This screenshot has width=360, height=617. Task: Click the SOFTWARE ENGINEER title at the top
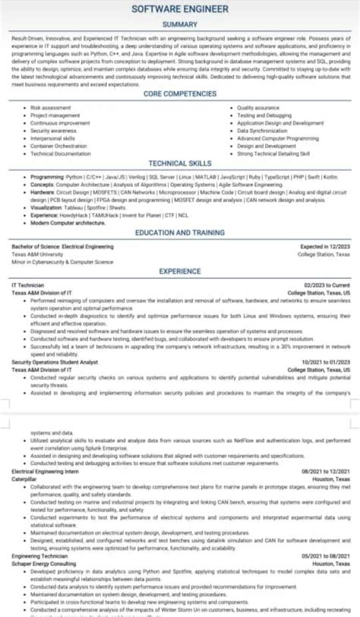tap(180, 8)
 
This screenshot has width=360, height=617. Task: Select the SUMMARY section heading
tap(180, 25)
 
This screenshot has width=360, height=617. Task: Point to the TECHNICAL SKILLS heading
tap(180, 163)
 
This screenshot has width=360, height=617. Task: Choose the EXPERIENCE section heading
tap(180, 271)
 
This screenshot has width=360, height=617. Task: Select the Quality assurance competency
tap(258, 109)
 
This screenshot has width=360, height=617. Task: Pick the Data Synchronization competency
tap(262, 131)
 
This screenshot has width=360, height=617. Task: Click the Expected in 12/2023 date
tap(325, 247)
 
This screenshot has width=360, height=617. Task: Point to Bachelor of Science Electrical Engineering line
tap(62, 247)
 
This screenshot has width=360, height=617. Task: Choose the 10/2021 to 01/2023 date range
tap(326, 362)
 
